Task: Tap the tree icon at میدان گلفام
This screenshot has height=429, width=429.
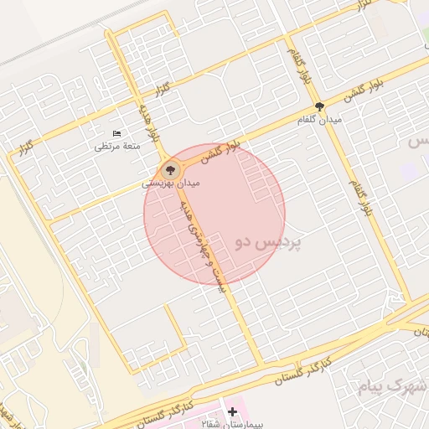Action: (319, 106)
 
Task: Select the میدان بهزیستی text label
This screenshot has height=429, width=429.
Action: (169, 181)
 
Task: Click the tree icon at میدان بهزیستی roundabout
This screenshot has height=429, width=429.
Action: (172, 167)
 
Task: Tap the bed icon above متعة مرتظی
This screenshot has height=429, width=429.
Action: (116, 134)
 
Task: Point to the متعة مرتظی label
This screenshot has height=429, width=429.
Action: (117, 146)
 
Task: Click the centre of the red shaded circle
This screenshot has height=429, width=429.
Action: (214, 214)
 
